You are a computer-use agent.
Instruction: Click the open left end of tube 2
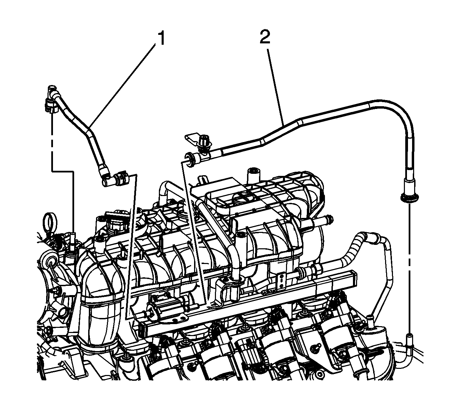pos(190,159)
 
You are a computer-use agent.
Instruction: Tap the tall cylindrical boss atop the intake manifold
pos(253,176)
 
